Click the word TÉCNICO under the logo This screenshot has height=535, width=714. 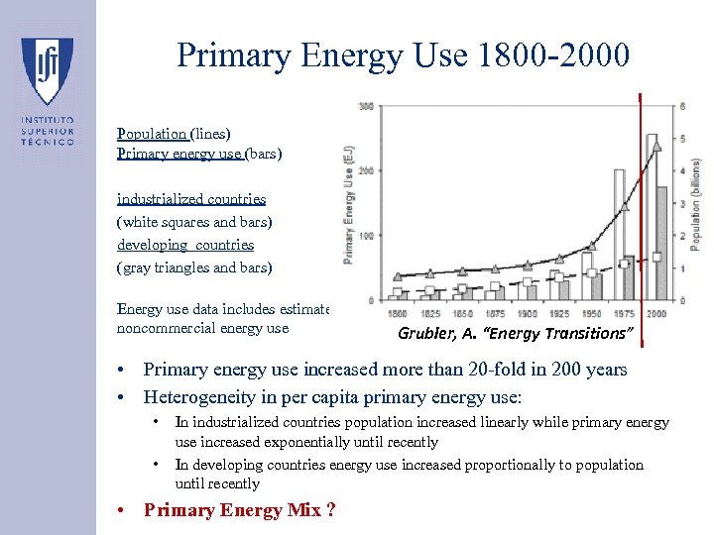48,142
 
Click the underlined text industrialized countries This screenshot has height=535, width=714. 191,199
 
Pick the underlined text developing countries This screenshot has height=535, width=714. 185,245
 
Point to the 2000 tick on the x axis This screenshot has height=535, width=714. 655,313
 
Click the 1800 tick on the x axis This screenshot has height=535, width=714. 397,313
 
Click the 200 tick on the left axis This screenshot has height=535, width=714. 366,171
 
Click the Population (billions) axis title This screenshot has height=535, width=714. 696,204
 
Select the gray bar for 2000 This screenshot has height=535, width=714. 661,243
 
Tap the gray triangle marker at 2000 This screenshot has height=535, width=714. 654,145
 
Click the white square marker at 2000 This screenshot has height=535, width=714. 656,257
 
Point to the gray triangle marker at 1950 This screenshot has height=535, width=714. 592,245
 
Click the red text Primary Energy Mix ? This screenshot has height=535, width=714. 239,510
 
